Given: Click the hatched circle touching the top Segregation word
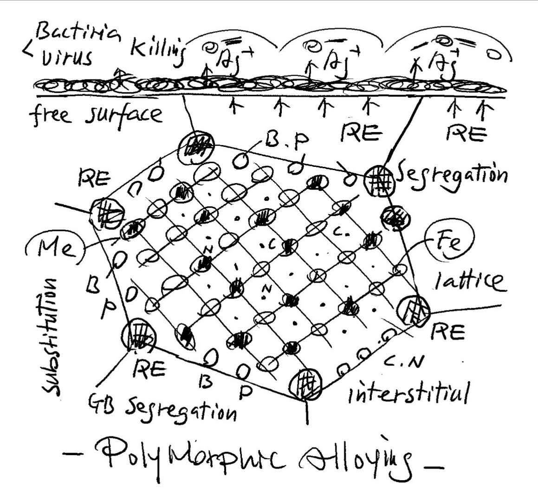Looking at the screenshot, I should [379, 180].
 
